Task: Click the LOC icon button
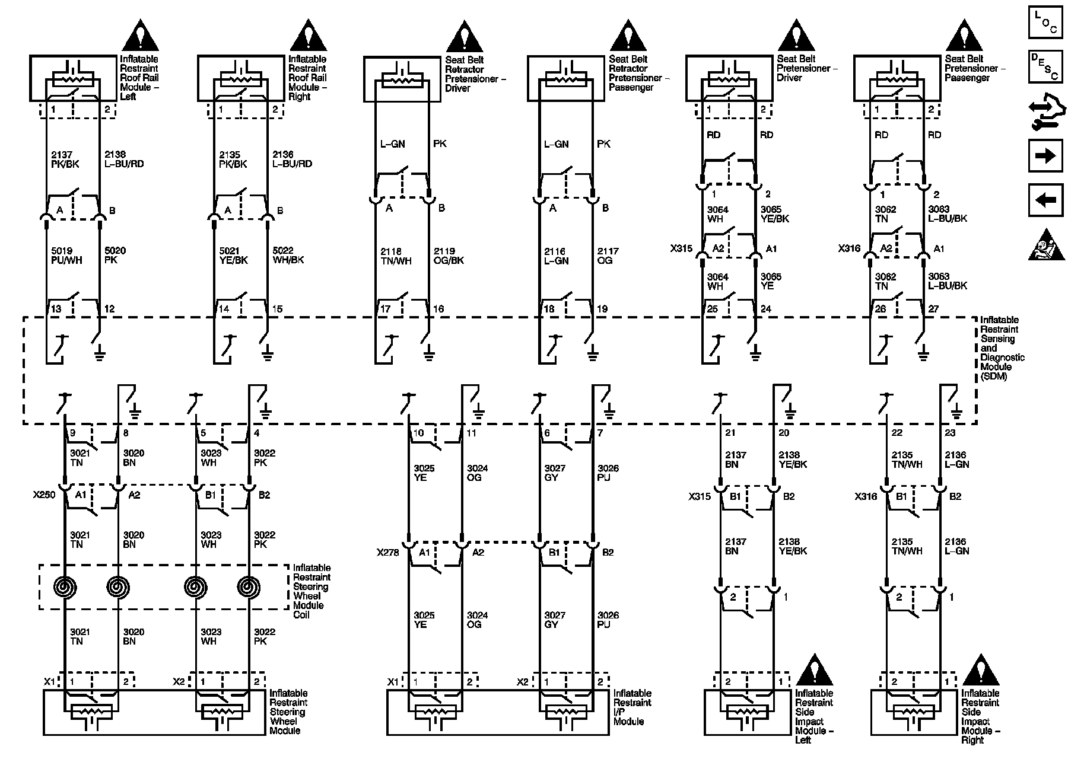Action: pyautogui.click(x=1045, y=23)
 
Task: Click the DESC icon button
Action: pyautogui.click(x=1045, y=66)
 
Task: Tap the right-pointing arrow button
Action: pyautogui.click(x=1045, y=156)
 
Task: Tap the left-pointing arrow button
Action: pyautogui.click(x=1045, y=200)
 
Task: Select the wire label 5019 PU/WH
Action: pyautogui.click(x=67, y=256)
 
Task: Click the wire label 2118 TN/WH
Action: pyautogui.click(x=395, y=256)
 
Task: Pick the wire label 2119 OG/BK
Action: pyautogui.click(x=449, y=256)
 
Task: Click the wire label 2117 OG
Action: pyautogui.click(x=608, y=256)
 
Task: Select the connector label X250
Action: pyautogui.click(x=44, y=495)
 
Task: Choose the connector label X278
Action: pyautogui.click(x=388, y=553)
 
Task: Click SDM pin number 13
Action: pyautogui.click(x=56, y=309)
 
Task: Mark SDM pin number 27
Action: pyautogui.click(x=933, y=309)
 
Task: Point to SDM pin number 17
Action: pyautogui.click(x=386, y=309)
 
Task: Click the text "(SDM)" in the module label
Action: pyautogui.click(x=994, y=377)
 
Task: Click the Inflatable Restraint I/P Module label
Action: pyautogui.click(x=632, y=707)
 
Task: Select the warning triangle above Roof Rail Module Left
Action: pyautogui.click(x=141, y=36)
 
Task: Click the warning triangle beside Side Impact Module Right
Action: pyautogui.click(x=981, y=669)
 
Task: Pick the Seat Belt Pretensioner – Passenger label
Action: pyautogui.click(x=975, y=68)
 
